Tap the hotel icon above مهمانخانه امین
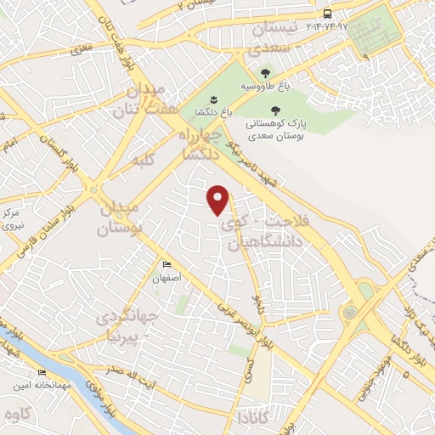tap(42, 373)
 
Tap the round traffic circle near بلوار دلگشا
tap(349, 312)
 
